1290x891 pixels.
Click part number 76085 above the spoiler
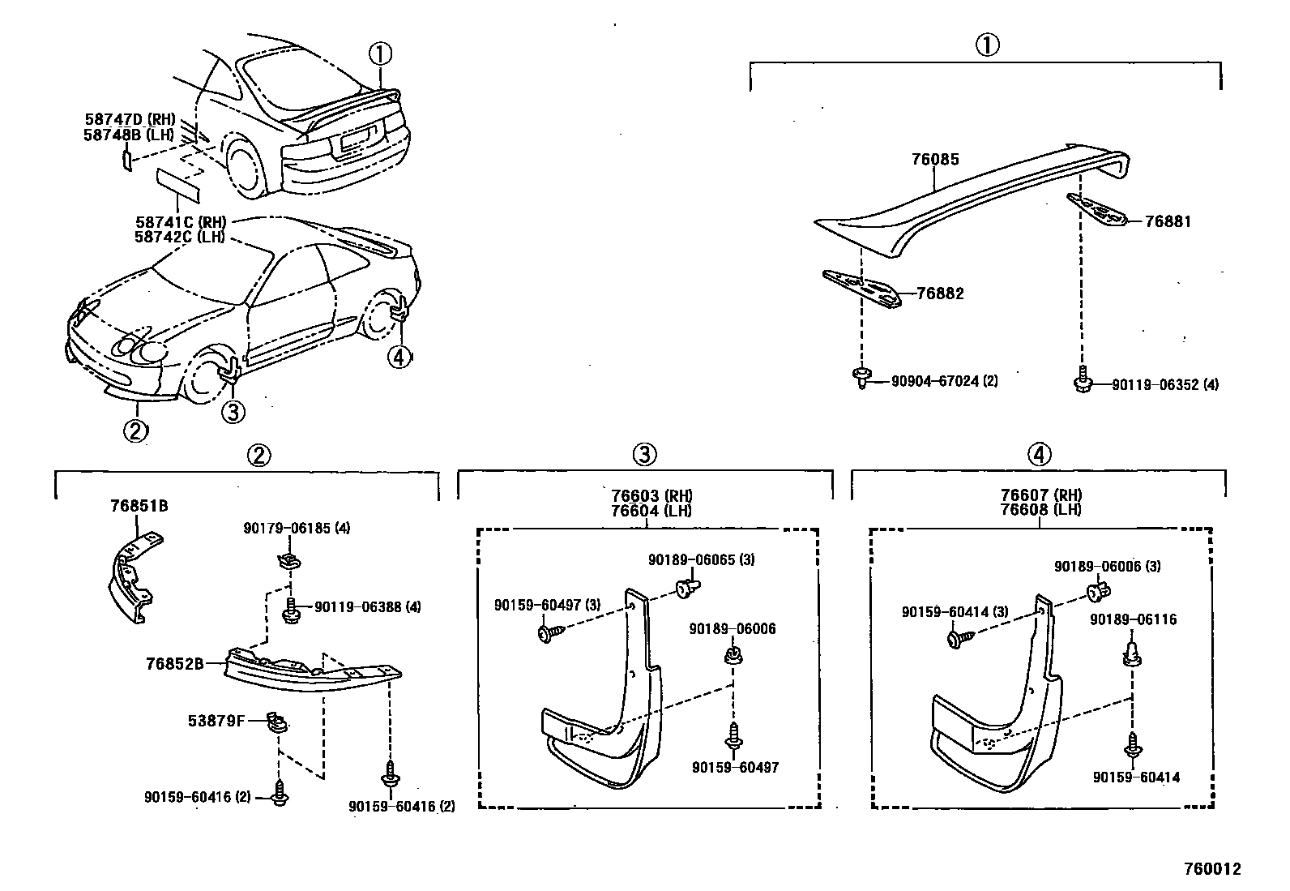coord(934,159)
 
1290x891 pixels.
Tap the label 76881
coord(1168,221)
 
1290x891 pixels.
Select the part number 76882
coord(940,293)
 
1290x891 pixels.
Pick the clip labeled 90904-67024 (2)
coord(861,378)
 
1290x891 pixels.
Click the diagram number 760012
coord(1211,869)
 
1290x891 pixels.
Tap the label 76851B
coord(139,507)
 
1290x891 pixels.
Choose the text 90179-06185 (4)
coord(297,529)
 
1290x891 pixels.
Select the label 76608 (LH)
coord(1040,510)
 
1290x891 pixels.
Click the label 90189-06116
coord(1133,620)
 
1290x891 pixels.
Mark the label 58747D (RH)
coord(130,120)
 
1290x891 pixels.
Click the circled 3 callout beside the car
coord(232,412)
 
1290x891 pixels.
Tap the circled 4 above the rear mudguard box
coord(1039,455)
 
